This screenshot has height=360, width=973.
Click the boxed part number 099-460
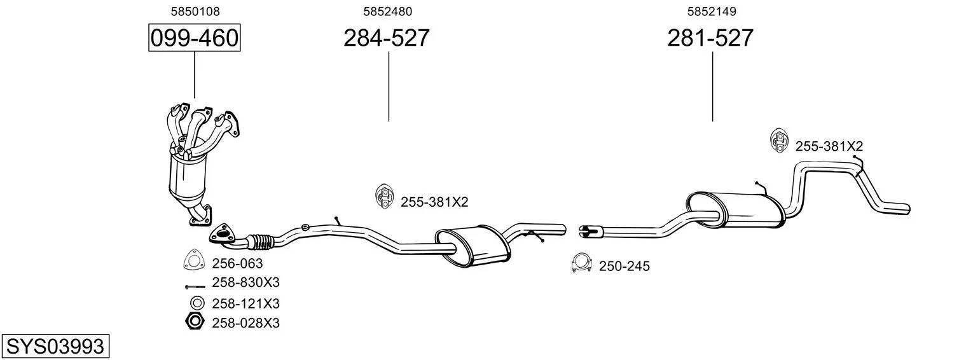[x=194, y=38]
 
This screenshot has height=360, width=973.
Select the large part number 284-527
[x=387, y=38]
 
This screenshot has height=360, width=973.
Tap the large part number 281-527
[x=710, y=38]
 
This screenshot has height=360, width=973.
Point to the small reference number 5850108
[x=195, y=11]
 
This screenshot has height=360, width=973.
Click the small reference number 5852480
[x=387, y=11]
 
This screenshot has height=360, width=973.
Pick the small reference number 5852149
[x=712, y=11]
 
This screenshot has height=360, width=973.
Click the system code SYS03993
[x=55, y=347]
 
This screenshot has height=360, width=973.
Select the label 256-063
[x=237, y=263]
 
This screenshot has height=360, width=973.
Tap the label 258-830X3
[x=246, y=282]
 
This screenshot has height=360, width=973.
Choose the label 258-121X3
[x=246, y=303]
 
